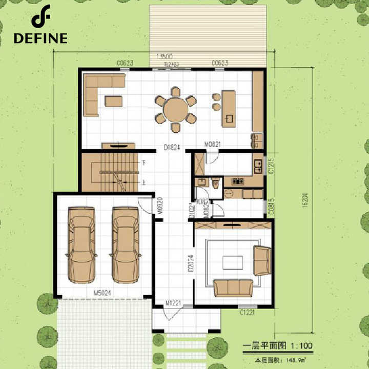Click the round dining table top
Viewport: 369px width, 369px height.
coord(176,109)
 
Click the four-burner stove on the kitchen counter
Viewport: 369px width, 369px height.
coord(238,181)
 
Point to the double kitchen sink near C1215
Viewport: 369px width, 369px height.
coord(258,166)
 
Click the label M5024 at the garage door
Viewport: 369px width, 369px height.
coord(103,294)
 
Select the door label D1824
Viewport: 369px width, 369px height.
coord(171,147)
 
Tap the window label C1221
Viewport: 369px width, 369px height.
coord(248,311)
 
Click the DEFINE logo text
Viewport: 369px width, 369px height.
coord(40,38)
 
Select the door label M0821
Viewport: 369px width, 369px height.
coord(212,145)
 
